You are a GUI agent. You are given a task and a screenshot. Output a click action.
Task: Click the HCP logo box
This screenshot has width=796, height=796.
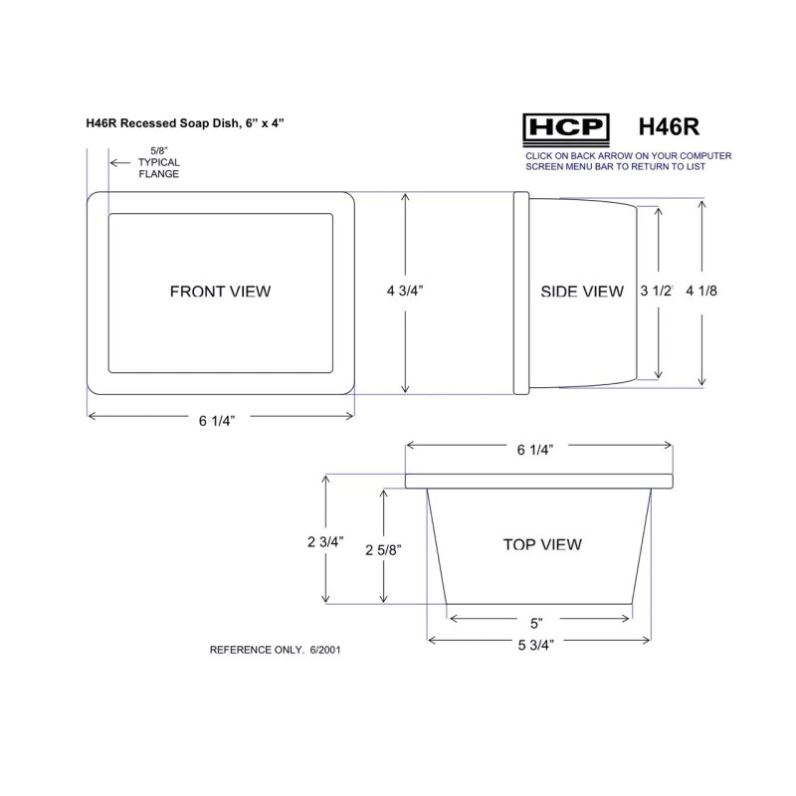click(x=566, y=129)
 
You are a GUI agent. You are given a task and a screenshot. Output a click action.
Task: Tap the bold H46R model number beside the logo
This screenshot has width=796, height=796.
click(x=669, y=127)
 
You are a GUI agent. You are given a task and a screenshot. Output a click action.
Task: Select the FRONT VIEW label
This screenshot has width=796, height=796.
click(x=220, y=292)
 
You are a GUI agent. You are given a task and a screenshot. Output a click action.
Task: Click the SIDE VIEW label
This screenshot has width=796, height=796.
click(x=582, y=292)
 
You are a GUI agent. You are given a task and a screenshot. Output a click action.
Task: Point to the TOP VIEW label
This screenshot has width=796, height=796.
click(x=542, y=544)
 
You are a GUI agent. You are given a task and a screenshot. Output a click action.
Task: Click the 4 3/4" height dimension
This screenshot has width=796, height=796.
click(x=405, y=291)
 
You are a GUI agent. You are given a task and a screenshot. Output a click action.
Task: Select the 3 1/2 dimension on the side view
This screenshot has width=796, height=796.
click(x=657, y=291)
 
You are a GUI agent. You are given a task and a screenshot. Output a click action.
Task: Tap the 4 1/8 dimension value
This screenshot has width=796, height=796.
click(x=701, y=291)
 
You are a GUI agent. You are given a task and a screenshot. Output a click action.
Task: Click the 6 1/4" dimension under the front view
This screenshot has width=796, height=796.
click(x=217, y=421)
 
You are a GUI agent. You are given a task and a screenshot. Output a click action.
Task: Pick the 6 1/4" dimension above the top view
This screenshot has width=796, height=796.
click(x=535, y=450)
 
